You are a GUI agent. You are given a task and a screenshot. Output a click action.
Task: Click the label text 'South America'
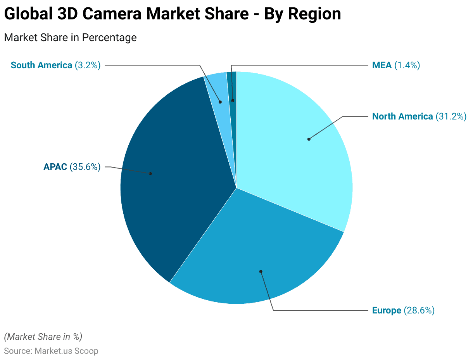[41, 65]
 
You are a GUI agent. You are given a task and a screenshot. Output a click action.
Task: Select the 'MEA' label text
[382, 65]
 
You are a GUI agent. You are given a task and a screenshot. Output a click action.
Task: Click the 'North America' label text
[402, 116]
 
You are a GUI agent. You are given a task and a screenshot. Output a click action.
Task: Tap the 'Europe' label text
[387, 310]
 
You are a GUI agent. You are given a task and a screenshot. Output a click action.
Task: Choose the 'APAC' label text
[55, 167]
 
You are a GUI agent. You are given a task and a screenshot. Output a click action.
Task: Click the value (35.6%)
[85, 167]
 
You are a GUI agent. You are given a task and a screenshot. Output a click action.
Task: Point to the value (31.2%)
[451, 116]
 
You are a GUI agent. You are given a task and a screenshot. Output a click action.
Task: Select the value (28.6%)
[419, 310]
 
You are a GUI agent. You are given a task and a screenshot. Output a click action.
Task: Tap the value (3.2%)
[87, 65]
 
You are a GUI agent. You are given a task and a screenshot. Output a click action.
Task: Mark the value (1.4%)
[407, 65]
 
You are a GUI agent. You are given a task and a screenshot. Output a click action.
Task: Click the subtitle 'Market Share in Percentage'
[70, 38]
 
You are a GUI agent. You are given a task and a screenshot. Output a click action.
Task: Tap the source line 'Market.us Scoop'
[66, 351]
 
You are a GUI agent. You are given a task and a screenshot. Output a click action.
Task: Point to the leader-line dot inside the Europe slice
[261, 272]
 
